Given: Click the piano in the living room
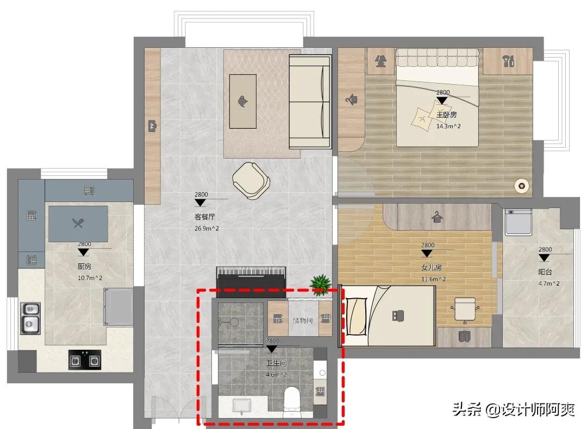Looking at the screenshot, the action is click(x=251, y=277).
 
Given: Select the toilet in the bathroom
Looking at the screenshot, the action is click(x=292, y=402).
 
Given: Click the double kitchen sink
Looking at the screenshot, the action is click(x=30, y=318).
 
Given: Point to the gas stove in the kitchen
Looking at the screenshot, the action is click(x=85, y=360).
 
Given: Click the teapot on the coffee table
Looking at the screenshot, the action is click(x=242, y=101).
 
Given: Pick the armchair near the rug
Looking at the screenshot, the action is click(x=251, y=180).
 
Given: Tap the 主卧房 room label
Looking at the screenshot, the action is click(x=447, y=115).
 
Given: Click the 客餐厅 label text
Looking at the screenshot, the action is click(x=205, y=217).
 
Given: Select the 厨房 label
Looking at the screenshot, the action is click(x=85, y=266).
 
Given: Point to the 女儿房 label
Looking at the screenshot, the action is click(x=432, y=267).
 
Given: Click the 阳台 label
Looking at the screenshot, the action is click(x=545, y=272).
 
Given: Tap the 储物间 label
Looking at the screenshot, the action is click(x=303, y=320).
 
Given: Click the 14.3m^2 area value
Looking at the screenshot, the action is click(x=448, y=127).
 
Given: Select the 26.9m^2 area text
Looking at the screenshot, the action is click(x=207, y=228).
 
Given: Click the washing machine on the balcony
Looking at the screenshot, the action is click(x=519, y=222).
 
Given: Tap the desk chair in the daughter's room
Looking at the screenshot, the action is click(x=465, y=309).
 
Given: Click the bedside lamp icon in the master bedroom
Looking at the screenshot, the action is click(x=380, y=61).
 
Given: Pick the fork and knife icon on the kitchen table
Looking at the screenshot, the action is click(x=78, y=223).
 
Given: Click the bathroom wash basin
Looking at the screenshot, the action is click(x=242, y=406).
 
